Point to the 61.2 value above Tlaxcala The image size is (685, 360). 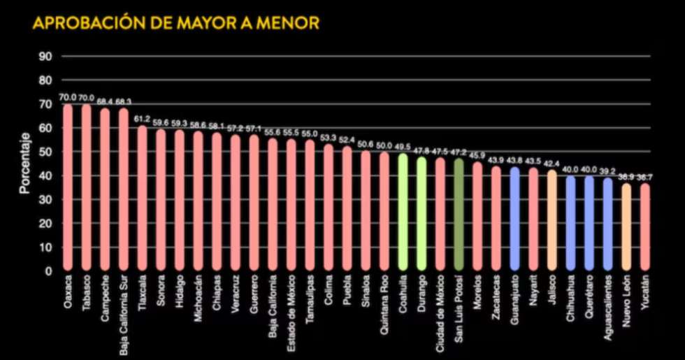point(142,120)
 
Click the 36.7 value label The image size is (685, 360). point(645,178)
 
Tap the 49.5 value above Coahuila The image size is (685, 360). point(403,147)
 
